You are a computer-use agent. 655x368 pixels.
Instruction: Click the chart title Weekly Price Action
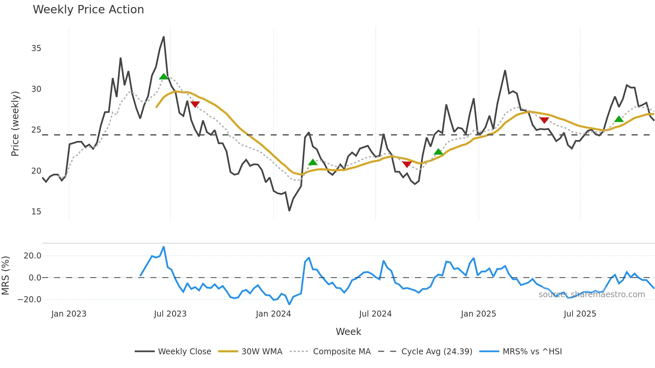pos(88,9)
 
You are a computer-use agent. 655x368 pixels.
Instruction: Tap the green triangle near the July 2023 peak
pos(164,76)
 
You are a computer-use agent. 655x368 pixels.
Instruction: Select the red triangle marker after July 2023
pos(195,104)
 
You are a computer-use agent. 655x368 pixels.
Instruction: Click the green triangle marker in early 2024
pos(313,162)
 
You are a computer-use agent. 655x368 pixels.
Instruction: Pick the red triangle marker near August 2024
pos(407,164)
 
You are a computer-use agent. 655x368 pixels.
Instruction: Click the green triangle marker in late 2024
pos(438,152)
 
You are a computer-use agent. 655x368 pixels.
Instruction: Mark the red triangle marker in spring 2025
pos(544,120)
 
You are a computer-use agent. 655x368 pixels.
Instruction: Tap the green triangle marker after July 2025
pos(619,119)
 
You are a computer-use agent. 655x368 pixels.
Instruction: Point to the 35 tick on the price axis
pos(36,48)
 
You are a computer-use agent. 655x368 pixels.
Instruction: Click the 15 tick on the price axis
pos(36,212)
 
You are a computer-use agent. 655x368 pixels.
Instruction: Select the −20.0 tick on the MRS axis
pos(29,300)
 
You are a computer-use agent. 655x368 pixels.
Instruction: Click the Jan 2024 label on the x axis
pos(273,314)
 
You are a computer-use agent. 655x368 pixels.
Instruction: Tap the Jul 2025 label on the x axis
pos(580,314)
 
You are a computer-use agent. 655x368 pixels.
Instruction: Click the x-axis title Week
pos(348,332)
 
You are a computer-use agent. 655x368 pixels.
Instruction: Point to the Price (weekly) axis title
pos(15,124)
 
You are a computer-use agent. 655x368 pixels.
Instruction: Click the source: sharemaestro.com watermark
pos(592,295)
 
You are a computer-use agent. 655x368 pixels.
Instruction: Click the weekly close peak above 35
pos(164,37)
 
